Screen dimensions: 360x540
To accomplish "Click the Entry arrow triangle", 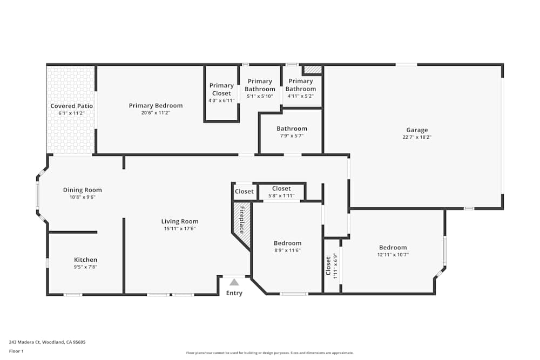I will point(234,282).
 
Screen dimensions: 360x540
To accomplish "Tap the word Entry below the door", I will point(234,293).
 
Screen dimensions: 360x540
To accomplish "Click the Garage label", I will point(417,130).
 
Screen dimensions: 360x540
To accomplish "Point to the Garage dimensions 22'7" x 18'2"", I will point(417,137).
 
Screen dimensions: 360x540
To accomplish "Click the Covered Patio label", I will point(72,106).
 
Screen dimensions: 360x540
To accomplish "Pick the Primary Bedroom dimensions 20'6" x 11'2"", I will point(156,113).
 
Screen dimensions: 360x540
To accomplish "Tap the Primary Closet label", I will point(221,89).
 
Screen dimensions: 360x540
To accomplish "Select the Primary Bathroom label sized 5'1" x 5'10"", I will point(260,85).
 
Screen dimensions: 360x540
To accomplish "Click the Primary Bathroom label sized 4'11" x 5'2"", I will point(300,85).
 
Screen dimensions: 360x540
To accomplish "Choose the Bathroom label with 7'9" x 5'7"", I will point(292,128).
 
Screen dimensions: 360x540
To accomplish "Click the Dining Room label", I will point(82,190).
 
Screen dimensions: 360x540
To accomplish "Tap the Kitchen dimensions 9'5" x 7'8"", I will point(85,267).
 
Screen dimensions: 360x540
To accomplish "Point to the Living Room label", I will point(180,221).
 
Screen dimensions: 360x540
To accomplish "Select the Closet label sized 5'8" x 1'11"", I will point(281,188).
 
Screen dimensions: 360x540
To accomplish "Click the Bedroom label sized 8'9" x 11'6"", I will point(287,243).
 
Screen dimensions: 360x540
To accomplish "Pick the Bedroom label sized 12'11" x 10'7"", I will point(393,248).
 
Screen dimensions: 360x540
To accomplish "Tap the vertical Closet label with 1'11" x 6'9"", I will point(328,264).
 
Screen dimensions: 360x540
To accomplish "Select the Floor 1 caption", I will point(16,351).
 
